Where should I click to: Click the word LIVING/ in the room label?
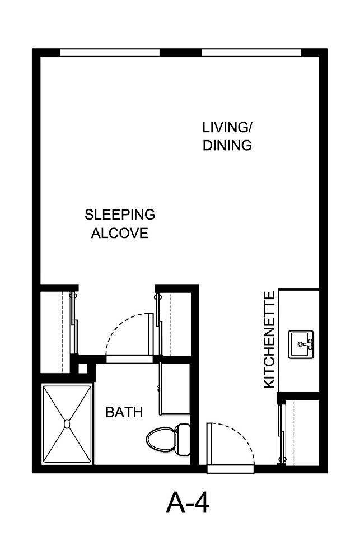tap(227, 127)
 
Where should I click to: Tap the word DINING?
tap(227, 146)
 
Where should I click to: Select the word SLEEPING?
tap(119, 215)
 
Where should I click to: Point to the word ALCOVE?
tap(119, 234)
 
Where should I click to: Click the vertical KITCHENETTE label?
tap(269, 339)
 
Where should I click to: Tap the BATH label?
tap(124, 413)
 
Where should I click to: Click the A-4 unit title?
tap(188, 502)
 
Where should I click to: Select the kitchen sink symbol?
tap(301, 344)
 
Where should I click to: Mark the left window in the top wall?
tap(110, 53)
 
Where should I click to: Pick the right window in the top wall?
tap(251, 53)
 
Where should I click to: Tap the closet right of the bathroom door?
tap(175, 322)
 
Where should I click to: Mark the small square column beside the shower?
tap(83, 369)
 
